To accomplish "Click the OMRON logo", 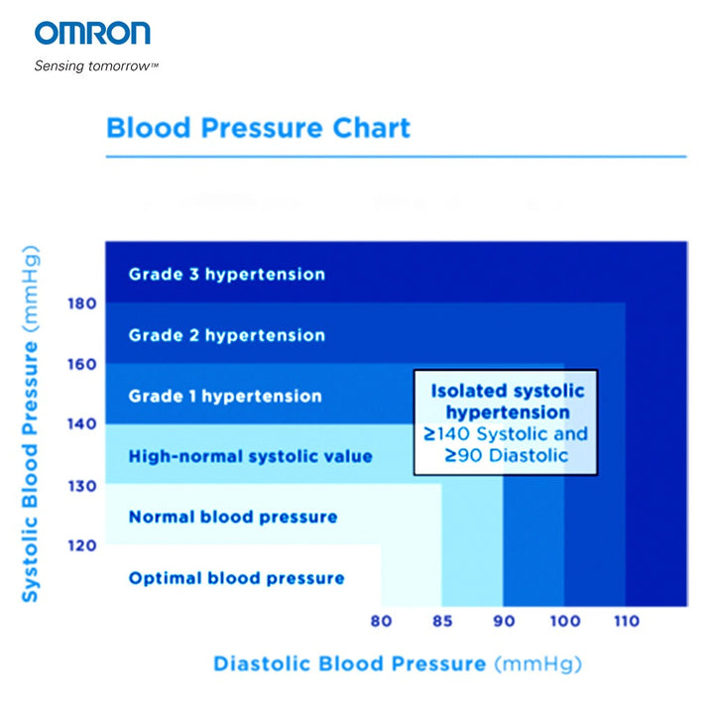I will pyautogui.click(x=92, y=34).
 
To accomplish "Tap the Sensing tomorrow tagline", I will pyautogui.click(x=96, y=66).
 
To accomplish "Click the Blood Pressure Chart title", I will pyautogui.click(x=258, y=128).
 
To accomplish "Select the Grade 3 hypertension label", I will pyautogui.click(x=226, y=274).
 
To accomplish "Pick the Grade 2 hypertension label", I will pyautogui.click(x=226, y=335).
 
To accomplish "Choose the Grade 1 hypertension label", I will pyautogui.click(x=225, y=396).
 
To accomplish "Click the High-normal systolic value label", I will pyautogui.click(x=250, y=456).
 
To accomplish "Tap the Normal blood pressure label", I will pyautogui.click(x=233, y=517).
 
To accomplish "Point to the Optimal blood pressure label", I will pyautogui.click(x=236, y=578).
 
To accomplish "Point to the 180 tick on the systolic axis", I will pyautogui.click(x=82, y=302).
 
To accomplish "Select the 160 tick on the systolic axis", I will pyautogui.click(x=82, y=364).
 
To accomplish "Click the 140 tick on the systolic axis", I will pyautogui.click(x=82, y=424).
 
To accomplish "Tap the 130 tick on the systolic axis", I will pyautogui.click(x=82, y=486).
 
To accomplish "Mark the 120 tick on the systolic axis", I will pyautogui.click(x=82, y=545).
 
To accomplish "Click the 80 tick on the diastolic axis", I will pyautogui.click(x=381, y=623).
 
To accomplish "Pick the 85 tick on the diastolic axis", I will pyautogui.click(x=441, y=623).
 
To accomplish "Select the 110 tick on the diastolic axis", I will pyautogui.click(x=625, y=623).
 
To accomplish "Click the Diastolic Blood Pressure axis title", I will pyautogui.click(x=397, y=663).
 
